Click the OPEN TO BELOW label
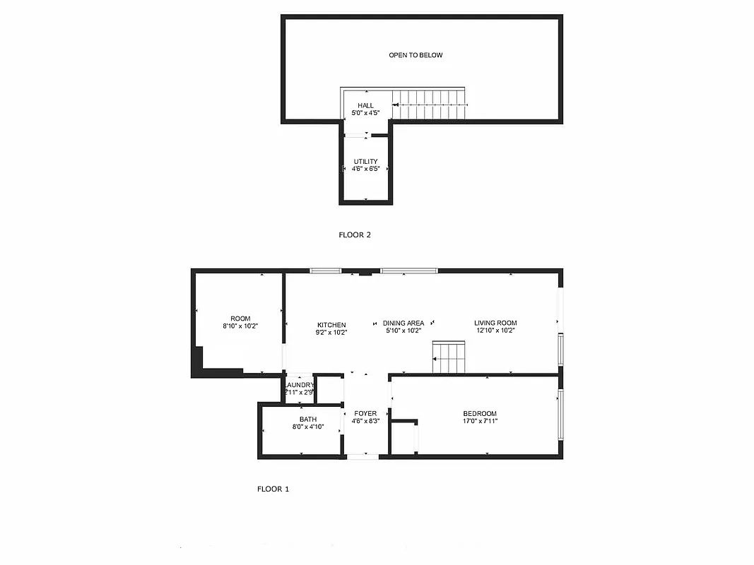pyautogui.click(x=416, y=55)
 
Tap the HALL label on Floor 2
pyautogui.click(x=365, y=106)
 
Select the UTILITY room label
pyautogui.click(x=365, y=162)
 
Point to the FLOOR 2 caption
pyautogui.click(x=355, y=235)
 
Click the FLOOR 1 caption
pyautogui.click(x=273, y=489)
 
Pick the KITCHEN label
pyautogui.click(x=331, y=324)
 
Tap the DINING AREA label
pyautogui.click(x=403, y=323)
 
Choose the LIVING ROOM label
pyautogui.click(x=495, y=323)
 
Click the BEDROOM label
pyautogui.click(x=480, y=414)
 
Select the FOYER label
pyautogui.click(x=365, y=414)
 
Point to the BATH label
pyautogui.click(x=308, y=420)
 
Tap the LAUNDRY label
pyautogui.click(x=300, y=385)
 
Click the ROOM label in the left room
pyautogui.click(x=240, y=319)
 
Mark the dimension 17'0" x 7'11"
pyautogui.click(x=480, y=422)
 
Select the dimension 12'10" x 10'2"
pyautogui.click(x=495, y=331)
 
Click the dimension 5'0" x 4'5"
pyautogui.click(x=365, y=113)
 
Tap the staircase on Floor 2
pyautogui.click(x=430, y=105)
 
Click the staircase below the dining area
pyautogui.click(x=449, y=357)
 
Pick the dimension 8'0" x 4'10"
pyautogui.click(x=308, y=427)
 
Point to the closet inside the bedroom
pyautogui.click(x=403, y=438)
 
